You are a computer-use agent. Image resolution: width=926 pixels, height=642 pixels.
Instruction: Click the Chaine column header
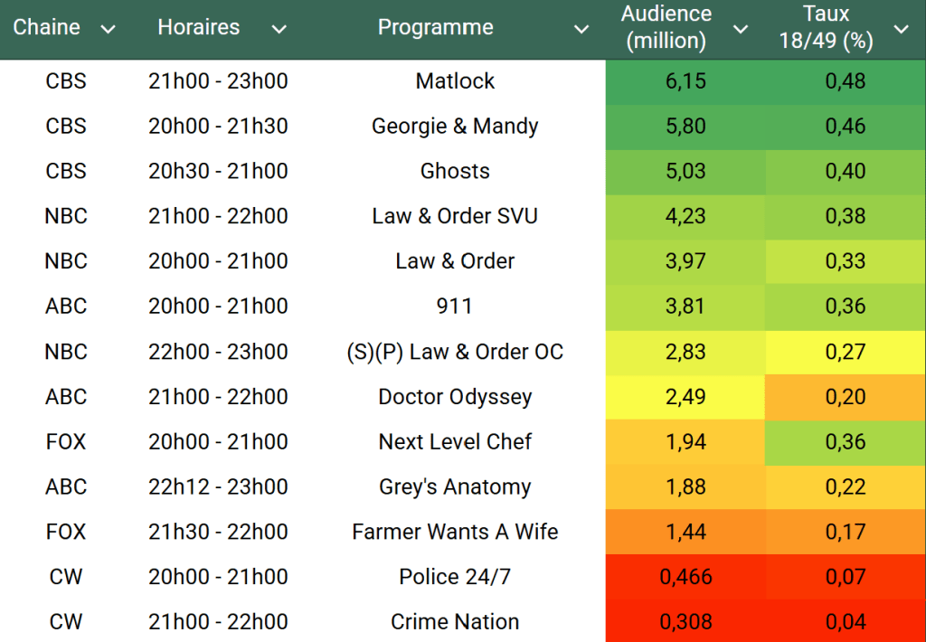pyautogui.click(x=46, y=27)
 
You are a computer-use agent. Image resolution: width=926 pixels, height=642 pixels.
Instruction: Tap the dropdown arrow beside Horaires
pyautogui.click(x=279, y=29)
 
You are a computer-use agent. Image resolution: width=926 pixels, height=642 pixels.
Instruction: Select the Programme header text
pyautogui.click(x=435, y=27)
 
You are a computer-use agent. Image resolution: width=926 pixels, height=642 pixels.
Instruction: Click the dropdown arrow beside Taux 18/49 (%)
pyautogui.click(x=901, y=29)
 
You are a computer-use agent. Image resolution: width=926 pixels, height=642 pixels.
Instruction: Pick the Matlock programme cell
pyautogui.click(x=455, y=80)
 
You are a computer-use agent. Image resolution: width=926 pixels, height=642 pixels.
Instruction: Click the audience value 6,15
pyautogui.click(x=685, y=80)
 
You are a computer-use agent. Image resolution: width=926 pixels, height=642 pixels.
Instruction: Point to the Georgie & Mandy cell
pyautogui.click(x=455, y=126)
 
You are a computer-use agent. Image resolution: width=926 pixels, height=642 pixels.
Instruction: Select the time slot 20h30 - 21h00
pyautogui.click(x=218, y=171)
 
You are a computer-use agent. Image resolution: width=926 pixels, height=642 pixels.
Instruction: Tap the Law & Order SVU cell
pyautogui.click(x=455, y=216)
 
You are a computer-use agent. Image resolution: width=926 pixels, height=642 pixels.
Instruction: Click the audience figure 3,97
pyautogui.click(x=685, y=261)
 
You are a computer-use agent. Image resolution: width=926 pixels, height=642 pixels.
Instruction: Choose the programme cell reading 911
pyautogui.click(x=454, y=307)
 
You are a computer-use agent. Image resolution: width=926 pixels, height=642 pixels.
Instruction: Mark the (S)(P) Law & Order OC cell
pyautogui.click(x=455, y=352)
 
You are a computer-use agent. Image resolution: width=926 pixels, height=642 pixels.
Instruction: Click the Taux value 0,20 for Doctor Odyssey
pyautogui.click(x=845, y=397)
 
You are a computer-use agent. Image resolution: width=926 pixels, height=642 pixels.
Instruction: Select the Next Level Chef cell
pyautogui.click(x=455, y=442)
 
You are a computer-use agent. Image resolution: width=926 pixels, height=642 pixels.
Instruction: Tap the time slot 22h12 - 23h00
pyautogui.click(x=218, y=486)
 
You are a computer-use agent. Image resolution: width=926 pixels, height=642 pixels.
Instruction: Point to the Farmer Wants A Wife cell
pyautogui.click(x=455, y=532)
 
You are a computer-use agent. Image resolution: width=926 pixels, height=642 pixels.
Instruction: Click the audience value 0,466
pyautogui.click(x=686, y=577)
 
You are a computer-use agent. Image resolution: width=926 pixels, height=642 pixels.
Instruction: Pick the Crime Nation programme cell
pyautogui.click(x=455, y=622)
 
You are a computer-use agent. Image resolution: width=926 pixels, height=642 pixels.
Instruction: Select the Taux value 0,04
pyautogui.click(x=845, y=622)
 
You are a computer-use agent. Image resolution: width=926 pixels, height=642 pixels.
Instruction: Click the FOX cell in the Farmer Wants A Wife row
pyautogui.click(x=66, y=532)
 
